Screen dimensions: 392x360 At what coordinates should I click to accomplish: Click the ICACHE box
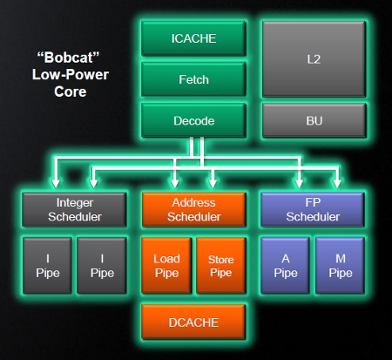[x=193, y=38]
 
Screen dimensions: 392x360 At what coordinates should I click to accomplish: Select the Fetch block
[x=193, y=79]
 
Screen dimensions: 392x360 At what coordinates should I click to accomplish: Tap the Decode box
[x=193, y=120]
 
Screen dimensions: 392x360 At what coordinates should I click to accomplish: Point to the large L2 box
[x=314, y=59]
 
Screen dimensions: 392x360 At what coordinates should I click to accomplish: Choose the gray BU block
[x=314, y=120]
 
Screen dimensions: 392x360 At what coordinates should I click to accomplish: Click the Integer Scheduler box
[x=74, y=209]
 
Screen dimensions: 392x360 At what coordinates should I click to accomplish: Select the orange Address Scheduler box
[x=194, y=209]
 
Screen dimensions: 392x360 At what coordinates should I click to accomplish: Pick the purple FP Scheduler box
[x=313, y=209]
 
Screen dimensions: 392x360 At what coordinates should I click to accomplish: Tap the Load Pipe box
[x=166, y=266]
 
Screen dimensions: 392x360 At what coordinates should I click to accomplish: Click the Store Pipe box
[x=221, y=266]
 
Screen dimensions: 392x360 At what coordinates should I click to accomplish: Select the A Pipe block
[x=285, y=266]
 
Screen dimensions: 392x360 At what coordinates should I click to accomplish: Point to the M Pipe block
[x=340, y=266]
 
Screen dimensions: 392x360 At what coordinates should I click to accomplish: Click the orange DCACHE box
[x=193, y=322]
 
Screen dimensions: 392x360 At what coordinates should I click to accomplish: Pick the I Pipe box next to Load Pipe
[x=102, y=266]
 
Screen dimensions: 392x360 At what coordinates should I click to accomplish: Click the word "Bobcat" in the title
[x=68, y=58]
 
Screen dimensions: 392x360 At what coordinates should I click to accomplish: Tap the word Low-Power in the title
[x=71, y=74]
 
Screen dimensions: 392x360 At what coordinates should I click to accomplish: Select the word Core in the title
[x=71, y=92]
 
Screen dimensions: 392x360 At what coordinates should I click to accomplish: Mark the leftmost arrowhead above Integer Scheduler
[x=56, y=183]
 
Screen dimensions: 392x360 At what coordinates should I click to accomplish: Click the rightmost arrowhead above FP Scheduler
[x=337, y=183]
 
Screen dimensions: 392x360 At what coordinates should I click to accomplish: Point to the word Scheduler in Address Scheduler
[x=194, y=217]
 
